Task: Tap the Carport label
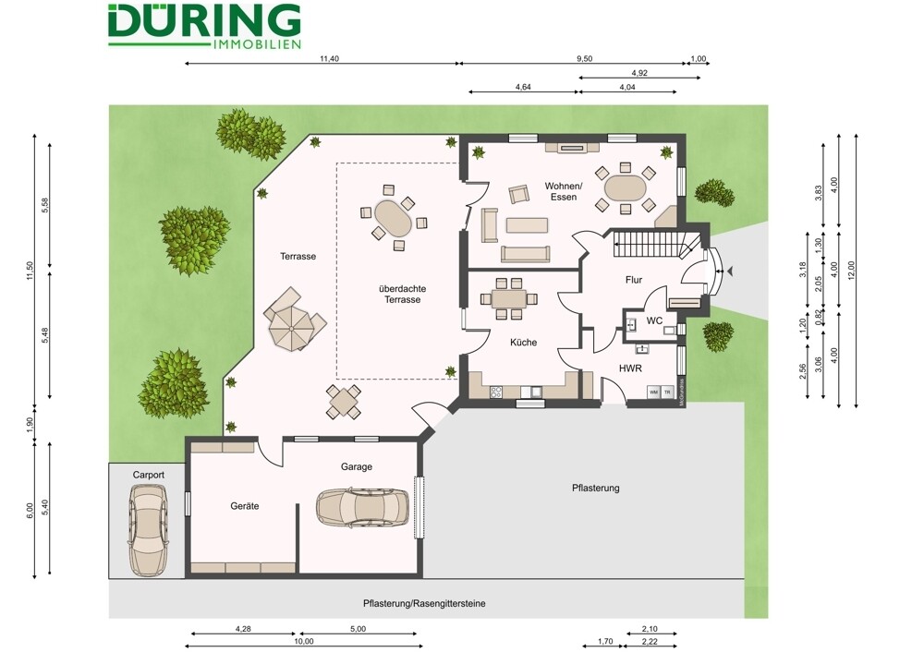tap(148, 475)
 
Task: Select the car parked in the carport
tap(148, 529)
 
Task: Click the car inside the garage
tap(362, 506)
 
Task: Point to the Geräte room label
tap(244, 506)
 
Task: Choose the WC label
tap(654, 320)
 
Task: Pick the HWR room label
tap(630, 368)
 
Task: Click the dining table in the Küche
tap(507, 298)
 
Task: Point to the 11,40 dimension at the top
tap(329, 58)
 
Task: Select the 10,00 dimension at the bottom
tap(303, 641)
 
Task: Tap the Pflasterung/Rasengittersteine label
tap(424, 603)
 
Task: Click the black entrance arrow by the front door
tap(731, 271)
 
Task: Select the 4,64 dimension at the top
tap(523, 88)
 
